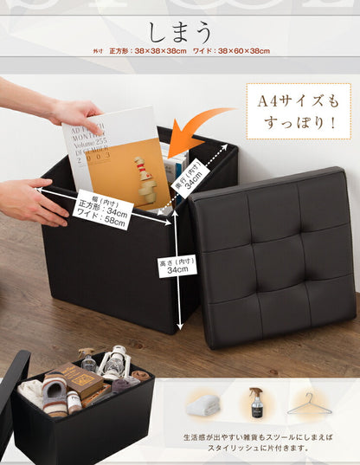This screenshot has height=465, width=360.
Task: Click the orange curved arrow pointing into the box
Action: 197,129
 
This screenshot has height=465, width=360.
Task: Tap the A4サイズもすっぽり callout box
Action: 298,111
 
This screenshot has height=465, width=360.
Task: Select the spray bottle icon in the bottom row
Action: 256,404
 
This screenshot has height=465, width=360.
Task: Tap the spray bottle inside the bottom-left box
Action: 87,360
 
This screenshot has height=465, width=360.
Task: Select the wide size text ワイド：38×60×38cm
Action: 236,52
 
